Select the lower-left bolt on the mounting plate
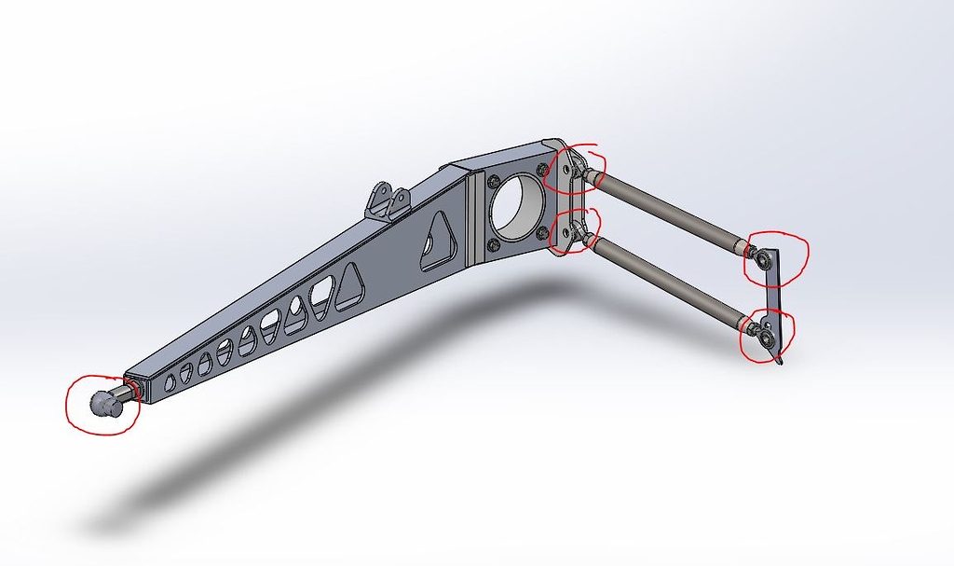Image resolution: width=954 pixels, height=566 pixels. tap(492, 246)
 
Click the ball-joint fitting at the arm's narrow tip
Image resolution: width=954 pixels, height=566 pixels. tap(103, 403)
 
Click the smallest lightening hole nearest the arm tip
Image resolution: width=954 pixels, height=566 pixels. tap(170, 382)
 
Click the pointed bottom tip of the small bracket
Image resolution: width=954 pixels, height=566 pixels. tap(780, 363)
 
